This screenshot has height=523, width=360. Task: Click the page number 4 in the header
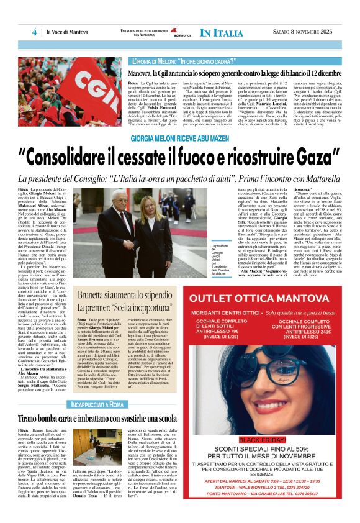coord(35,32)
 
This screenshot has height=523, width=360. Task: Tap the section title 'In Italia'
coord(222,33)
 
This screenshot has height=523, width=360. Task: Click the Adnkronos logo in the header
coord(181,32)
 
